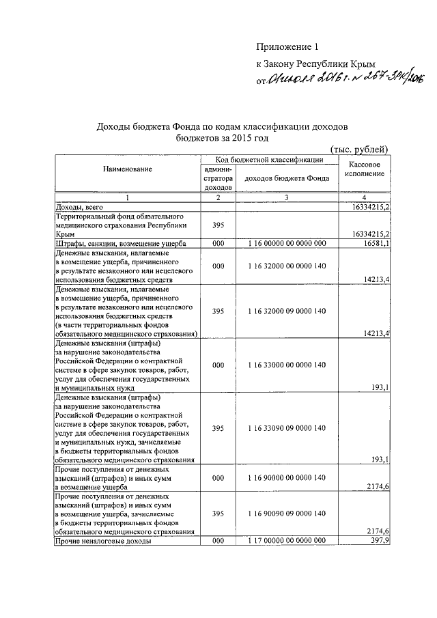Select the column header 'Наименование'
(128, 168)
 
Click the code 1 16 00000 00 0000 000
(287, 243)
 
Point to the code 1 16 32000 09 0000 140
(287, 311)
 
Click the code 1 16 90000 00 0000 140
(287, 479)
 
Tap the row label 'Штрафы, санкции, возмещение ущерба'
(117, 243)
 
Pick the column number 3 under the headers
(287, 198)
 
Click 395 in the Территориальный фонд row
(218, 224)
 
